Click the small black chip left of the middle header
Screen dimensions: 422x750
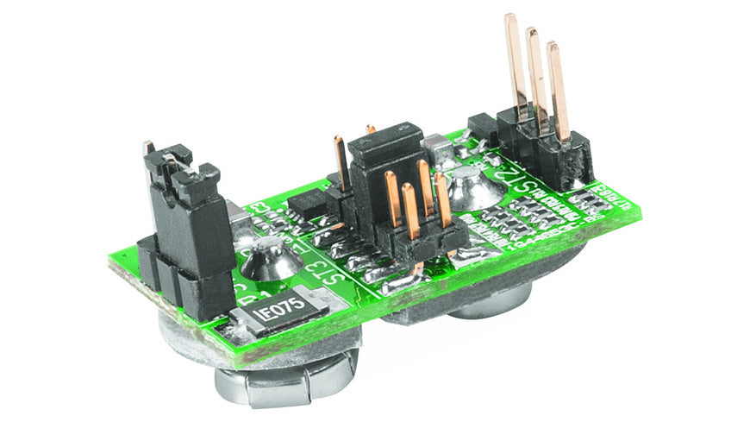coord(306,205)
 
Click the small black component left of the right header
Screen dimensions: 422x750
coord(482,129)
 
